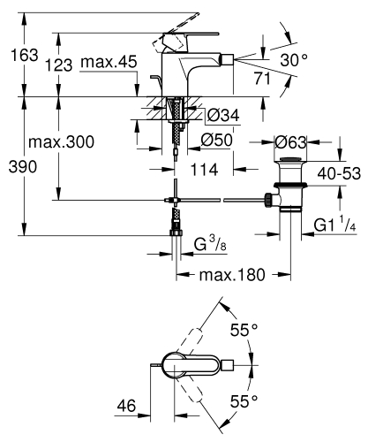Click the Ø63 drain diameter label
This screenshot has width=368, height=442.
(x=291, y=141)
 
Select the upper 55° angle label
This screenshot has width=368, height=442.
(x=244, y=329)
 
